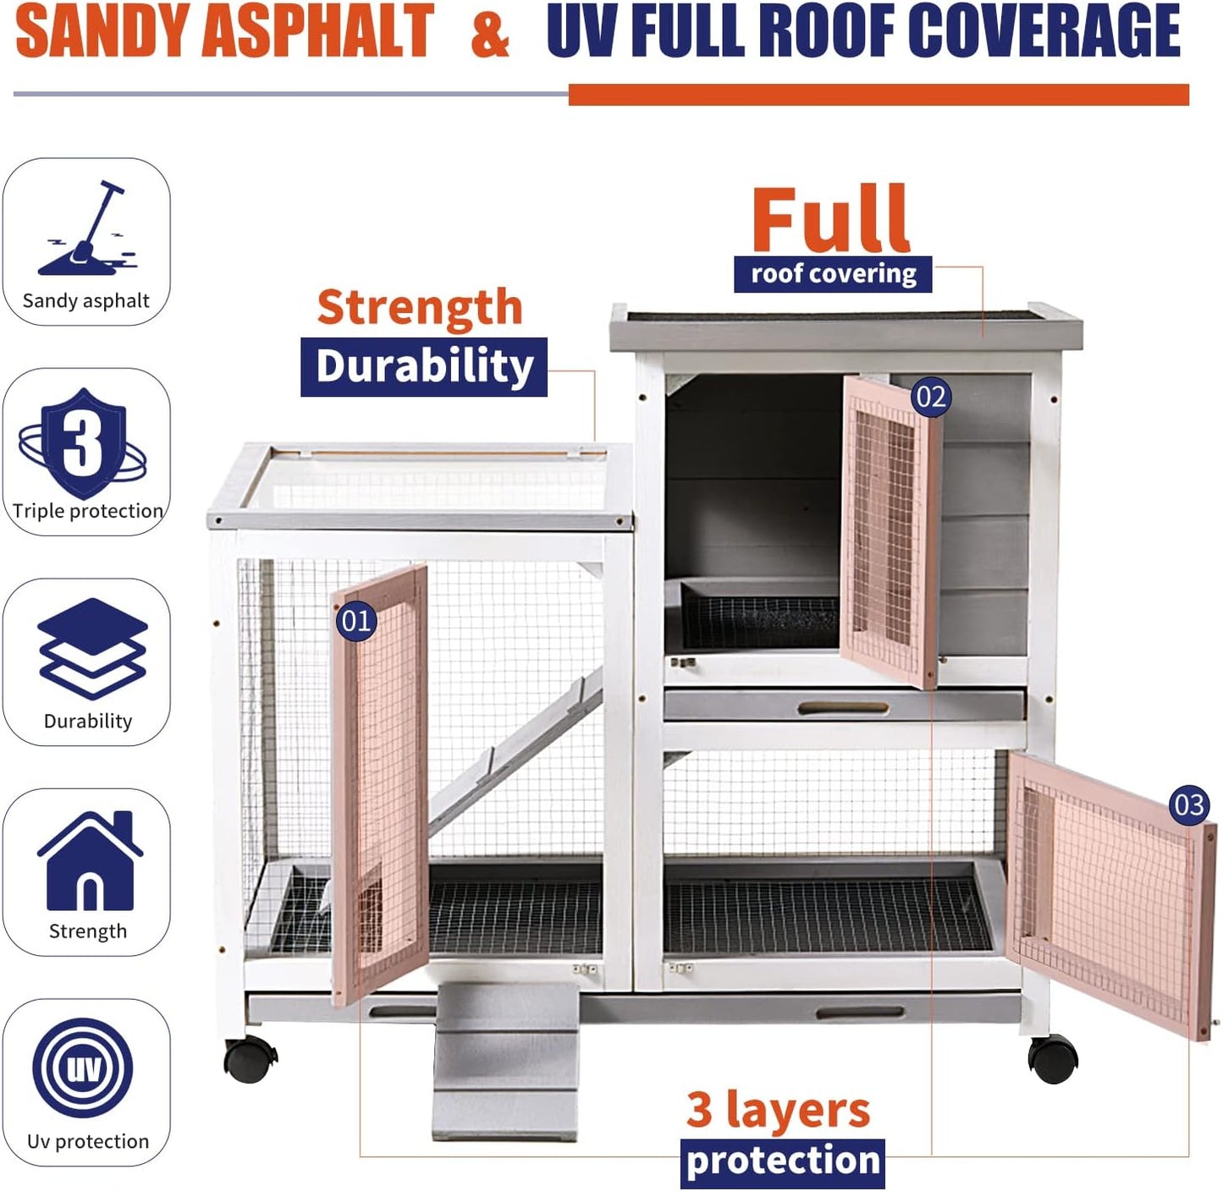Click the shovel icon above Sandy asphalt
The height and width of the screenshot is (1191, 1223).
point(87,228)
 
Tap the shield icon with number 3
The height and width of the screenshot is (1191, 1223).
point(83,444)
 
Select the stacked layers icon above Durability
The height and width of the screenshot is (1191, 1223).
point(92,649)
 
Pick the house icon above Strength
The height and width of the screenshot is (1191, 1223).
point(90,860)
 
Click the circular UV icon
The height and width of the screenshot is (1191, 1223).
point(83,1068)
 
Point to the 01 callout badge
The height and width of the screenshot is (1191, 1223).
point(356,621)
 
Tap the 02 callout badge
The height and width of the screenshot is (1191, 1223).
point(931,397)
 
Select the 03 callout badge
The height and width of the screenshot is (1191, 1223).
point(1189,804)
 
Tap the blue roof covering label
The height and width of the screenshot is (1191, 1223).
point(833,274)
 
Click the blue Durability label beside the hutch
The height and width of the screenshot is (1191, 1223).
point(424,367)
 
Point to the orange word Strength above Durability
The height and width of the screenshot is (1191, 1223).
point(420,307)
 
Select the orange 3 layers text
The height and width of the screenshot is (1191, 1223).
point(778,1110)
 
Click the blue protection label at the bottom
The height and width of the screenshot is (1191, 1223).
point(782,1161)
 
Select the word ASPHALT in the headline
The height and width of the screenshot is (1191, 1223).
point(317,30)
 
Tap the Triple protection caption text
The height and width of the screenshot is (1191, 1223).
point(88,511)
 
